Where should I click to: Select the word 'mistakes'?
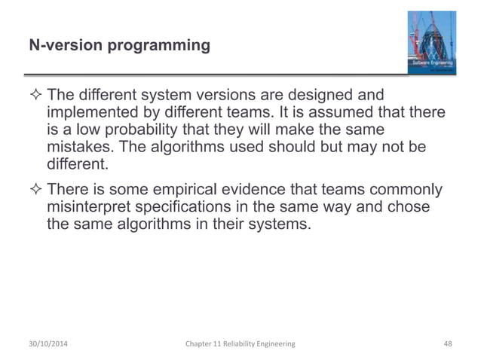[78, 145]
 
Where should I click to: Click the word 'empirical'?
[213, 189]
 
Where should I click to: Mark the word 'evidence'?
[289, 189]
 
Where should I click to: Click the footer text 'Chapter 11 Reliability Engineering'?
[240, 343]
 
